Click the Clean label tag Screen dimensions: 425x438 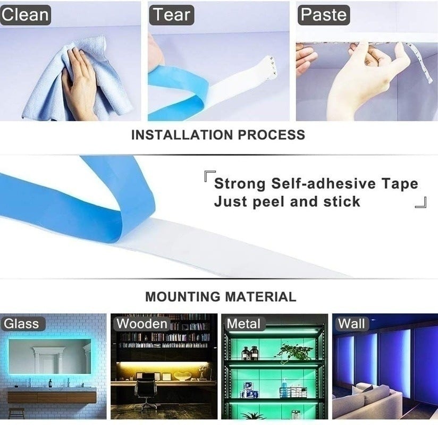pyautogui.click(x=24, y=14)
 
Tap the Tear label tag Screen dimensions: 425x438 pyautogui.click(x=172, y=14)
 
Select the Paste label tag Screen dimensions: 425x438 pyautogui.click(x=323, y=14)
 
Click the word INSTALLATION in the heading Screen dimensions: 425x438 pyautogui.click(x=182, y=135)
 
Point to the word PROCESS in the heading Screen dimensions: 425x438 pyautogui.click(x=272, y=135)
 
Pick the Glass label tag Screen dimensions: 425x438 pyautogui.click(x=21, y=324)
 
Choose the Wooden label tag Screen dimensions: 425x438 pyautogui.click(x=142, y=323)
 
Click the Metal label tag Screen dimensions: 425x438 pyautogui.click(x=243, y=324)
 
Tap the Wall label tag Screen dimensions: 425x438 pyautogui.click(x=351, y=323)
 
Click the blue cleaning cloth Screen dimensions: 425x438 pyautogui.click(x=48, y=85)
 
